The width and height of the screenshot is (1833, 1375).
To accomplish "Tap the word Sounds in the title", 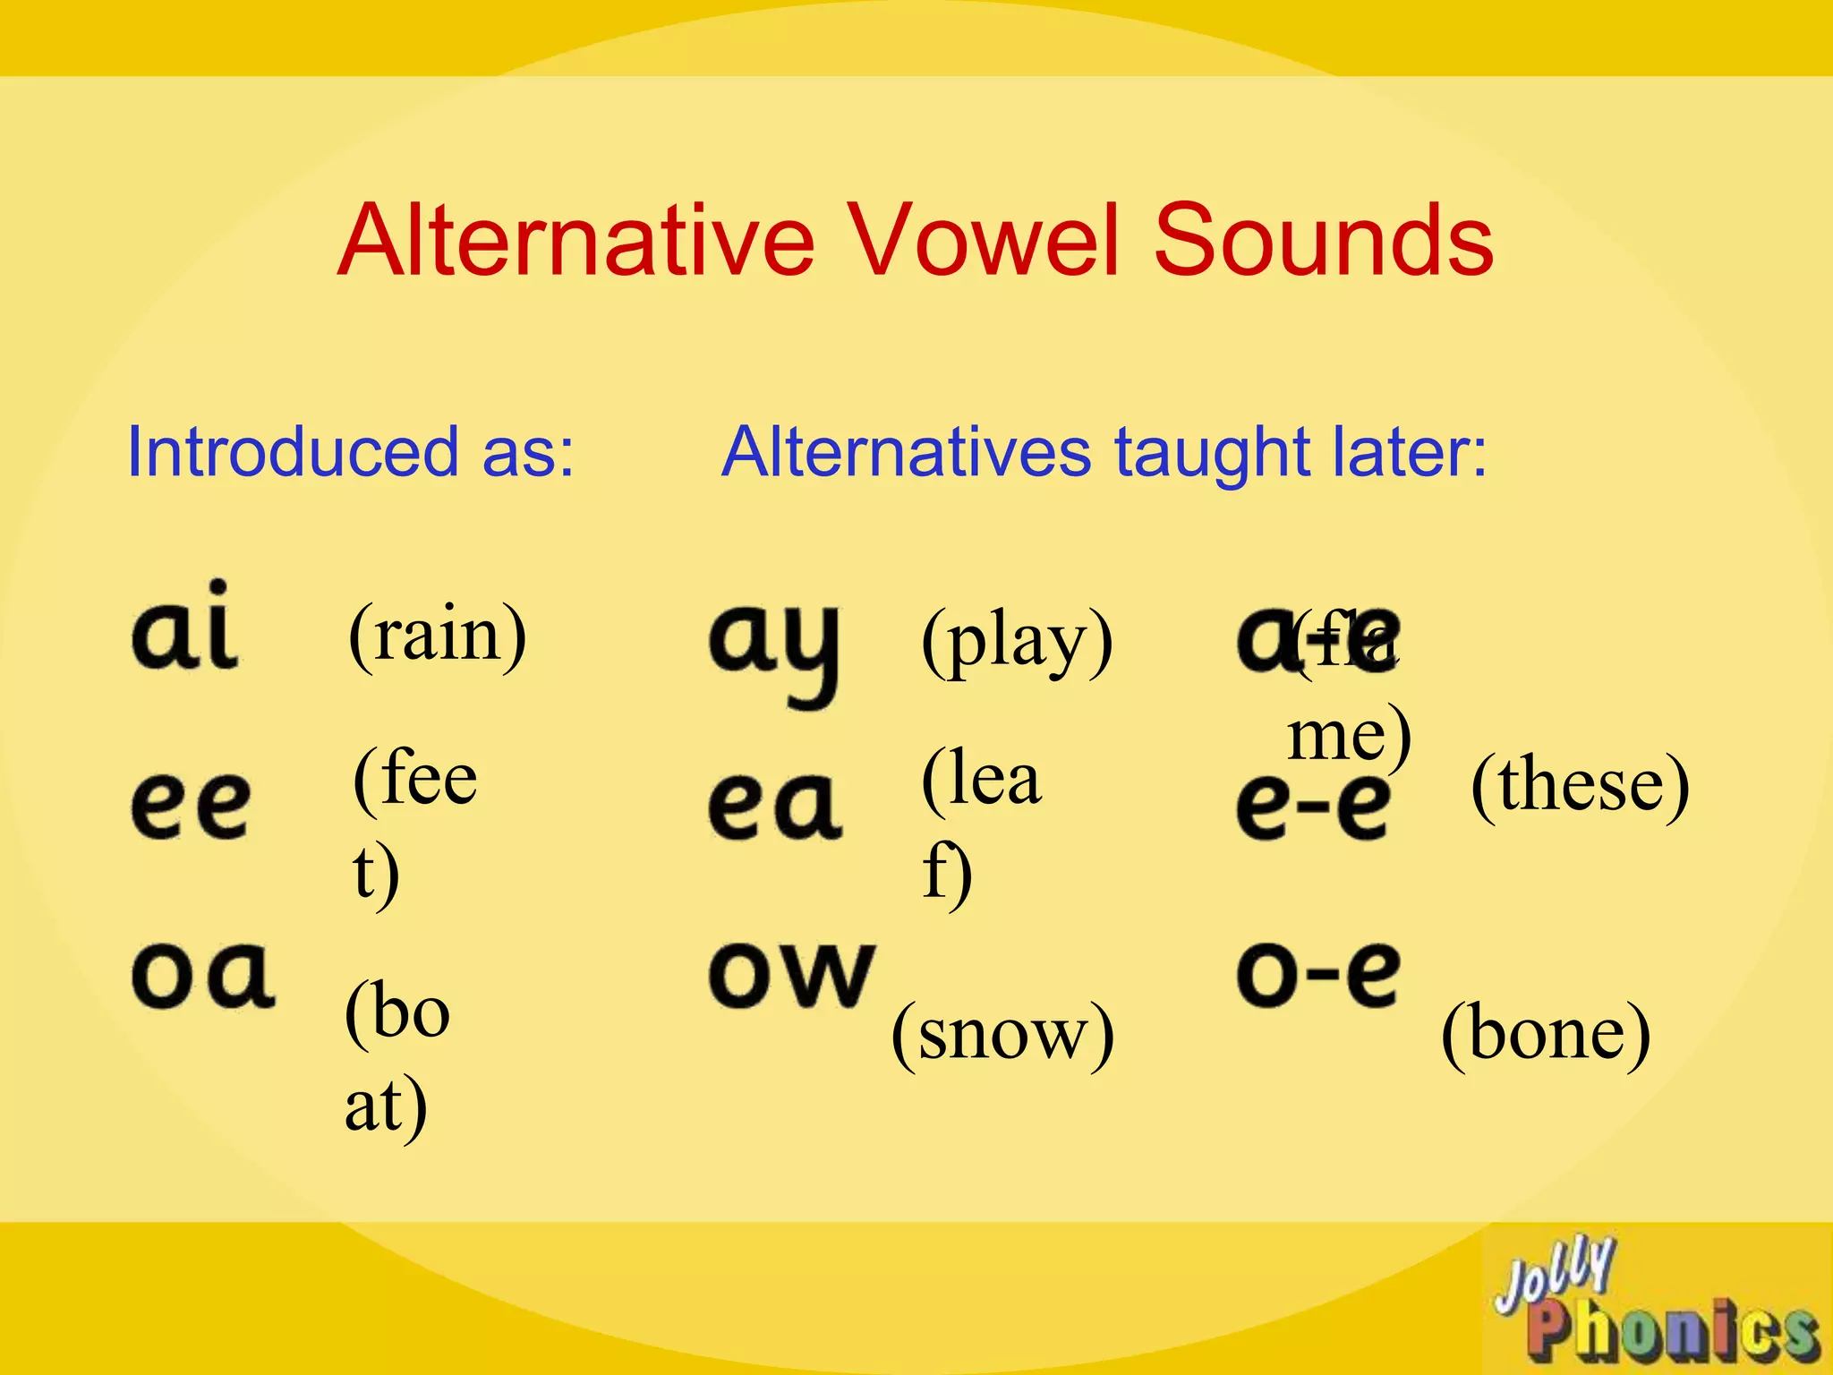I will pos(1324,240).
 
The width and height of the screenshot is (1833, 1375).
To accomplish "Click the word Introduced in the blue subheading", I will pos(293,451).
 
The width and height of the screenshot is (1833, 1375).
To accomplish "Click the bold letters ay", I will pos(775,648).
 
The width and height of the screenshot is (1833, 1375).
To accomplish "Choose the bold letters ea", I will pos(775,806).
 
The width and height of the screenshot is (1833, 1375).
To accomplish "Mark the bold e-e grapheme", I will pos(1314,806).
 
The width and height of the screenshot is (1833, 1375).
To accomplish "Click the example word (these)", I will pos(1580,784).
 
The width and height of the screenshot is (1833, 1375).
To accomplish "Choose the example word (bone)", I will pos(1546,1033).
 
